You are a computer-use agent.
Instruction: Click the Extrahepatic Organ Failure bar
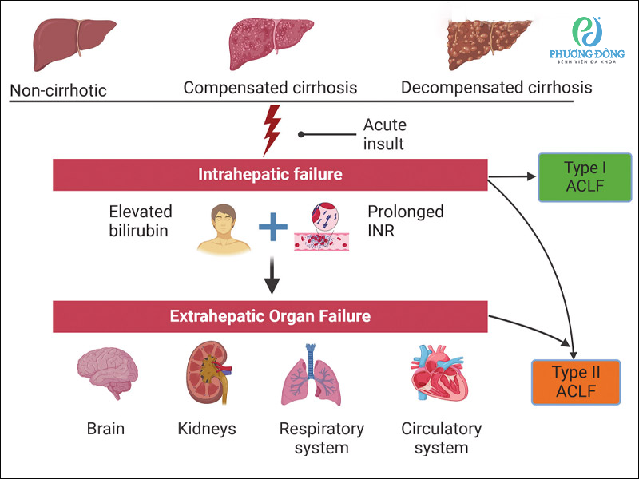coord(271,316)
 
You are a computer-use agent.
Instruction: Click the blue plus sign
coord(272,229)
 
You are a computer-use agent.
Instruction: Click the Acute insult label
coord(384,134)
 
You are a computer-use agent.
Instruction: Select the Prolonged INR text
coord(405,221)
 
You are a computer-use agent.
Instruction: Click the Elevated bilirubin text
coord(141,221)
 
